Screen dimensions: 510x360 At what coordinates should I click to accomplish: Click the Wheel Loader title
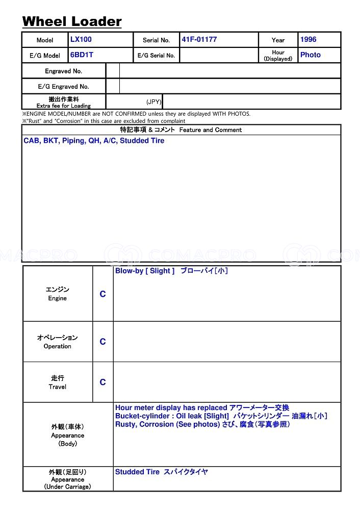[72, 21]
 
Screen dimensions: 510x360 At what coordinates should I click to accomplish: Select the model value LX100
[81, 39]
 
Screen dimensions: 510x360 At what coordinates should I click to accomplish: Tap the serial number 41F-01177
[199, 39]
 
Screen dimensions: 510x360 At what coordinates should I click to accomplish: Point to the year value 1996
[308, 39]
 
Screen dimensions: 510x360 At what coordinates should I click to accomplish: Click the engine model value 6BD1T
[82, 55]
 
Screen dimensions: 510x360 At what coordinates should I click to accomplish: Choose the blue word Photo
[310, 55]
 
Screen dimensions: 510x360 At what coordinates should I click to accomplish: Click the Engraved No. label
[63, 71]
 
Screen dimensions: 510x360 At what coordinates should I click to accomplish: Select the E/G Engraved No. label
[63, 86]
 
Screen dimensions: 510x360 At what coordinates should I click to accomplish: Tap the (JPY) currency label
[153, 102]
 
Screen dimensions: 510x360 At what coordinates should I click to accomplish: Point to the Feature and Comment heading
[181, 130]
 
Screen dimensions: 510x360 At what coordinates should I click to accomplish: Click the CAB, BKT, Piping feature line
[94, 141]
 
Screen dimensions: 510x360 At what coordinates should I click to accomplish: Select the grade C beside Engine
[102, 294]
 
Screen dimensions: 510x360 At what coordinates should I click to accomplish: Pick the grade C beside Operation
[102, 342]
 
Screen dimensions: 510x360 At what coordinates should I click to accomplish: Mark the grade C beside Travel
[102, 382]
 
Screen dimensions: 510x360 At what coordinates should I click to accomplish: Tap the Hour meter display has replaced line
[202, 407]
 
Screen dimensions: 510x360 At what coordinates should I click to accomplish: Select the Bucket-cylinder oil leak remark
[221, 416]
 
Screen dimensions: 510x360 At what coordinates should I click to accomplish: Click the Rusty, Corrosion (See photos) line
[202, 424]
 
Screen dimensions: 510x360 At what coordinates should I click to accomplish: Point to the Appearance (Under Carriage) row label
[67, 479]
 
